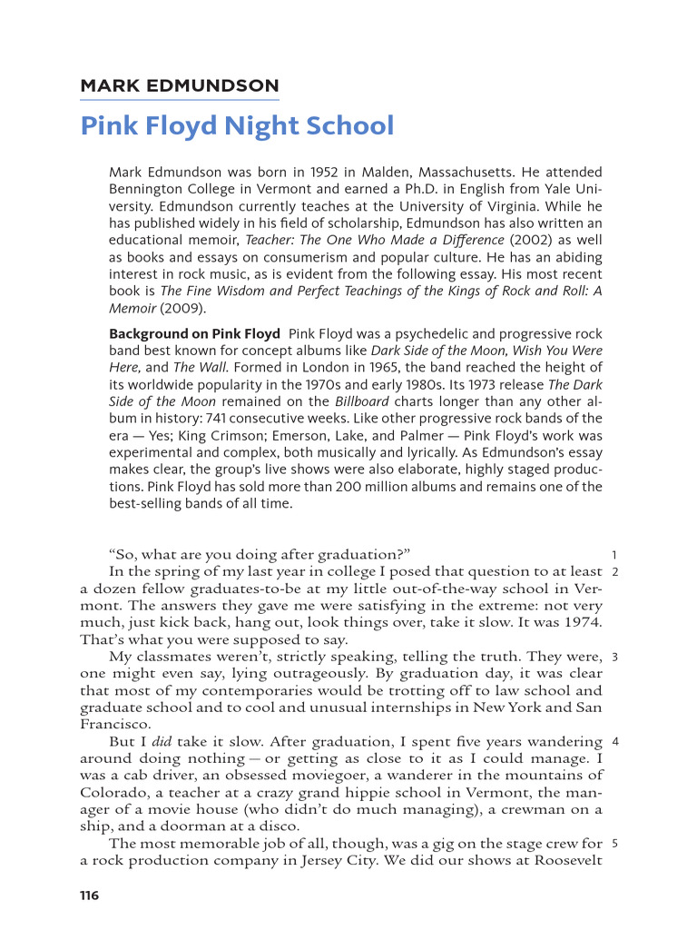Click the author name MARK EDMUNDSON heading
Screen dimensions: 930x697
point(179,86)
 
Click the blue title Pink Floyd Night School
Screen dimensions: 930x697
point(237,125)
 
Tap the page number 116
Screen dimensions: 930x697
point(89,895)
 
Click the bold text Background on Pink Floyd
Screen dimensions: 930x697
point(194,333)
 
